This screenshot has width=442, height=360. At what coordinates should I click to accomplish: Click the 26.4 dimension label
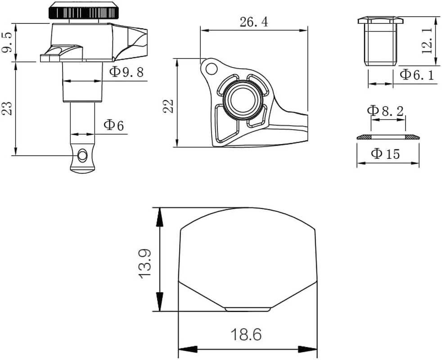(254, 22)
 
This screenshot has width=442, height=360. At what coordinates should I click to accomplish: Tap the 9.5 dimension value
(7, 42)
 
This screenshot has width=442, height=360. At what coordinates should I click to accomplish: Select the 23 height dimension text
(7, 108)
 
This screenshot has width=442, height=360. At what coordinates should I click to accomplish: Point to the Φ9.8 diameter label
(126, 72)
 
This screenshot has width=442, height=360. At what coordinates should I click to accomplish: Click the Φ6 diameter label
(114, 125)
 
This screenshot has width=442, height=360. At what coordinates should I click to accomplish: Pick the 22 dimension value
(169, 106)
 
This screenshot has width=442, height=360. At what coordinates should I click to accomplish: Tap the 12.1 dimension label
(427, 40)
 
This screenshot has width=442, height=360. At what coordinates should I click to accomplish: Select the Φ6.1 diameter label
(417, 75)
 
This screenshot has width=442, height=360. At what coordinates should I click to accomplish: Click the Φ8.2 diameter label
(385, 111)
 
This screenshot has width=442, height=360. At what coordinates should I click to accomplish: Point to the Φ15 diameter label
(386, 154)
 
